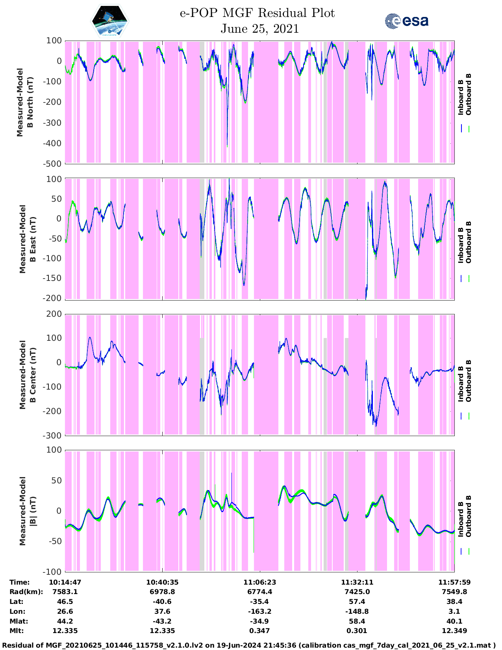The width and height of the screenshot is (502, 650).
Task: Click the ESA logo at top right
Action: click(x=406, y=20)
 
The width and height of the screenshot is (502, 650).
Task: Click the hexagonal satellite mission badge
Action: click(x=110, y=21)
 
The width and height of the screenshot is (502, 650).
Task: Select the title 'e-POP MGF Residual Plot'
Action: click(x=257, y=13)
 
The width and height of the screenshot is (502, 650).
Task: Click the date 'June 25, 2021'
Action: click(x=259, y=29)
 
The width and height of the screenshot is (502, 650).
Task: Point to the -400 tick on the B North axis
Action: click(x=54, y=143)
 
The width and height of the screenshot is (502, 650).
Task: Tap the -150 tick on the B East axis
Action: click(x=54, y=278)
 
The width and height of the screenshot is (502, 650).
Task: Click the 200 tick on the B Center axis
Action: click(x=55, y=314)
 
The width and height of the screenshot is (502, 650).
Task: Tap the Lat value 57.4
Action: click(x=357, y=602)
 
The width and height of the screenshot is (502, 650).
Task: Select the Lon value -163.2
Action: click(x=259, y=611)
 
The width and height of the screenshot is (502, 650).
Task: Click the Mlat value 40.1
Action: click(x=454, y=621)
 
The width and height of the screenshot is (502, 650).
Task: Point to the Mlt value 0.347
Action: click(x=259, y=631)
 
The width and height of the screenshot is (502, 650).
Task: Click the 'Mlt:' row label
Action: click(x=17, y=631)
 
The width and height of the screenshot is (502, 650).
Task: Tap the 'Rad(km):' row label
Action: click(x=26, y=592)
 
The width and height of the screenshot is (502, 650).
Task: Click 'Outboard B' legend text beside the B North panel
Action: click(x=468, y=95)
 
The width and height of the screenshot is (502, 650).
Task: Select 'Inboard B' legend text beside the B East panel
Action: click(x=460, y=243)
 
